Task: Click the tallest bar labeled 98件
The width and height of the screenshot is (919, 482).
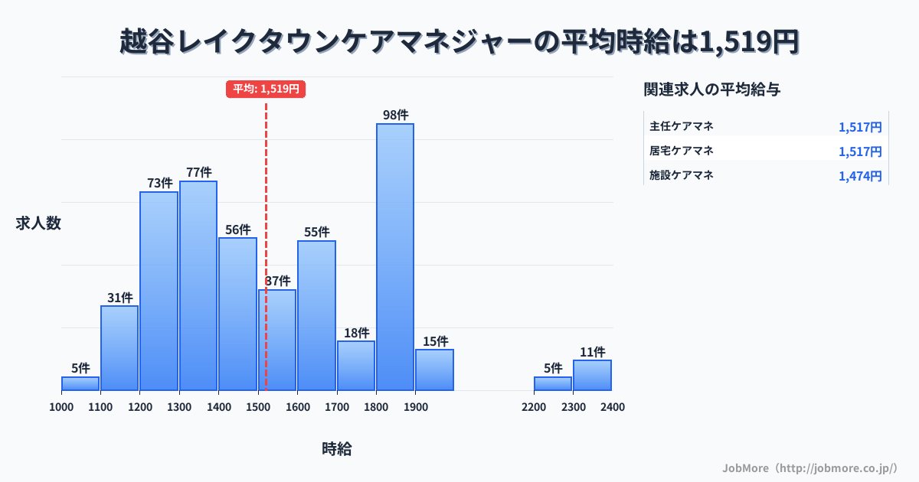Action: [394, 256]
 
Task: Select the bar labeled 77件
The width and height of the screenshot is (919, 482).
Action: [198, 285]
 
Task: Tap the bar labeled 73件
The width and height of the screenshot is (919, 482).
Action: [159, 291]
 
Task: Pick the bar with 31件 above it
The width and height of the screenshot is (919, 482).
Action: [119, 348]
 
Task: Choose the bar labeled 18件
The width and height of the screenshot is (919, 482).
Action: [356, 366]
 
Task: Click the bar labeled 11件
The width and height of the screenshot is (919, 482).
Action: [592, 375]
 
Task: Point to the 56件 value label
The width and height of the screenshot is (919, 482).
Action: [238, 230]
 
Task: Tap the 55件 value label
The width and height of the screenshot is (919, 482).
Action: [316, 232]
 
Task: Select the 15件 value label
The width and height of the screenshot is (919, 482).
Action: [435, 341]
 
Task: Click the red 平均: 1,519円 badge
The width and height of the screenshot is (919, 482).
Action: [266, 89]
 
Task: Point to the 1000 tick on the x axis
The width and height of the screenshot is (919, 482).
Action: [61, 407]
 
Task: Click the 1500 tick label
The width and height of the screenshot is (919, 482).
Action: [258, 407]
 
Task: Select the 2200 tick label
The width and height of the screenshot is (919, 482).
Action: [534, 407]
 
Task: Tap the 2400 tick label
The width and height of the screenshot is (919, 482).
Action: [613, 407]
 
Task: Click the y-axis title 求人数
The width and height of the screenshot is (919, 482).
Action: [38, 223]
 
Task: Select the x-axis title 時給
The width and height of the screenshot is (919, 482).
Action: [337, 449]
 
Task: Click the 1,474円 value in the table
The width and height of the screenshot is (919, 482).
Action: [860, 177]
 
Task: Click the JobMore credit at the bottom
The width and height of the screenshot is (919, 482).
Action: [809, 467]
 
